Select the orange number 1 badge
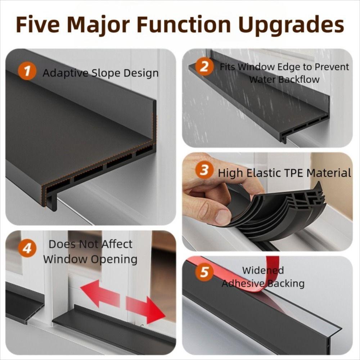pyautogui.click(x=27, y=72)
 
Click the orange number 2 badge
pyautogui.click(x=204, y=67)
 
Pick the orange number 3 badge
pyautogui.click(x=204, y=170)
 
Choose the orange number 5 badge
pyautogui.click(x=204, y=272)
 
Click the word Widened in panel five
pyautogui.click(x=263, y=270)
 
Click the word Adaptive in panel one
pyautogui.click(x=65, y=73)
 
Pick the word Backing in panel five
pyautogui.click(x=286, y=284)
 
